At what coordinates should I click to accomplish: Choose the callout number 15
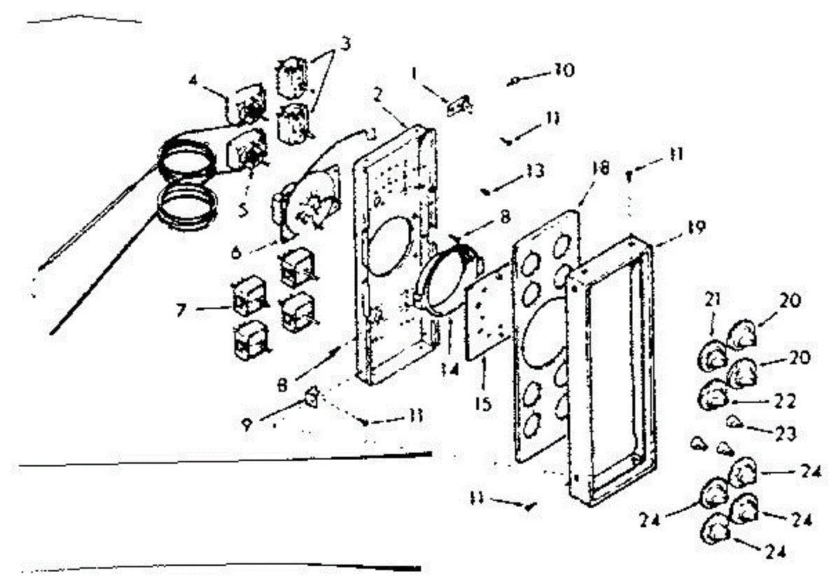tap(484, 404)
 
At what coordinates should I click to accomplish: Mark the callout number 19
tap(677, 227)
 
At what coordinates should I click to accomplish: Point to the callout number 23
tap(784, 434)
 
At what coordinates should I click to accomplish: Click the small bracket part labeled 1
tap(458, 105)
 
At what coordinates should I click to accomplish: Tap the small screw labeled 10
tap(514, 81)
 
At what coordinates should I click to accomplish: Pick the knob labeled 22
tap(712, 397)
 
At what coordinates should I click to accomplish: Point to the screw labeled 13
tap(485, 189)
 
